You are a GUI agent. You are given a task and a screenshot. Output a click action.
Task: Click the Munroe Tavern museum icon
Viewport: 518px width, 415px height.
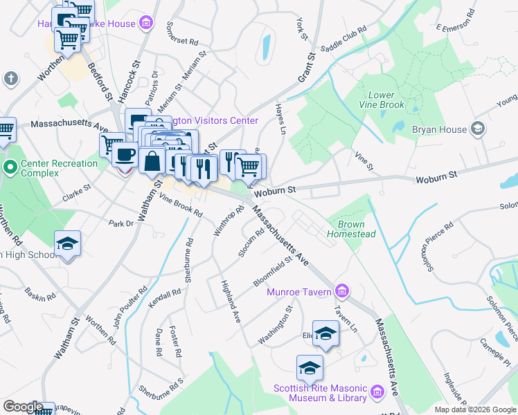(x=340, y=290)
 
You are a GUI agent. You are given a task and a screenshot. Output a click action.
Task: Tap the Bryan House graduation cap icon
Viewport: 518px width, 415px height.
(x=477, y=129)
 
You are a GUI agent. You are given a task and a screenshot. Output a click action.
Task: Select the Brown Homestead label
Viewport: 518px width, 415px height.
(x=356, y=230)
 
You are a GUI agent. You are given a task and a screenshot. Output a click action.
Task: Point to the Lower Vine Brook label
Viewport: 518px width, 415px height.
(x=381, y=100)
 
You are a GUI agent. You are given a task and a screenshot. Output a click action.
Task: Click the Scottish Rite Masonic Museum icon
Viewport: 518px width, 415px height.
(x=377, y=392)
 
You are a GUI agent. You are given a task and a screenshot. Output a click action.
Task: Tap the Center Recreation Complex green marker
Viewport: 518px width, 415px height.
(x=10, y=167)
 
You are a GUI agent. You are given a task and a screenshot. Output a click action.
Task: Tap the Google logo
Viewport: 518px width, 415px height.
(x=23, y=407)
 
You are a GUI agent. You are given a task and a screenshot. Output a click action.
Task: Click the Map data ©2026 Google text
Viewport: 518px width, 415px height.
(x=475, y=409)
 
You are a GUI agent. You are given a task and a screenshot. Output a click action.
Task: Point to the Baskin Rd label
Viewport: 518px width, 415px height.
(x=39, y=295)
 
